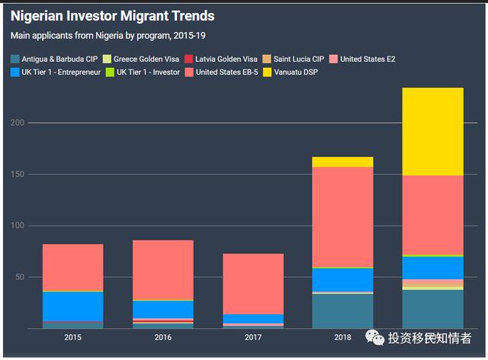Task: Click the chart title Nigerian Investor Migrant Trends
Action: click(x=112, y=15)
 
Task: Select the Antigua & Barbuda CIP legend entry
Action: click(x=62, y=59)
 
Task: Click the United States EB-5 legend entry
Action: click(x=228, y=72)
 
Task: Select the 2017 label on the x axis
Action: click(x=252, y=337)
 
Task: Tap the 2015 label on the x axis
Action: click(x=72, y=337)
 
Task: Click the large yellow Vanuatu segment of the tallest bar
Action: click(x=433, y=131)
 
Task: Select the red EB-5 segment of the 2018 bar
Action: click(x=343, y=217)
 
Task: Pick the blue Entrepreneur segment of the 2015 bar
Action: click(x=72, y=306)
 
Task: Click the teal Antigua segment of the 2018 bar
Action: click(x=343, y=310)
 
